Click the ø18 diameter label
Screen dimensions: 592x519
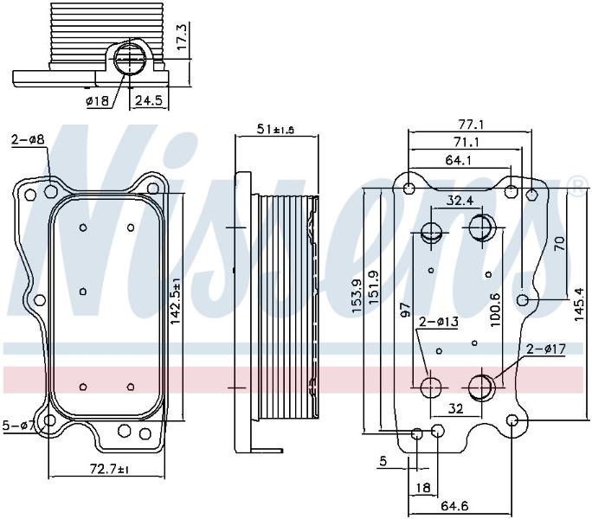point(98,101)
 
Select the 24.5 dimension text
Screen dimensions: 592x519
point(149,100)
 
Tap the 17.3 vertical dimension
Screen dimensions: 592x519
point(183,38)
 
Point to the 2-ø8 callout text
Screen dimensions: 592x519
point(28,139)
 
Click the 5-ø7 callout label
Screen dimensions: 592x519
point(18,426)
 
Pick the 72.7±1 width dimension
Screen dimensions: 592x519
point(110,470)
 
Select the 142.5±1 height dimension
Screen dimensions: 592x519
point(176,300)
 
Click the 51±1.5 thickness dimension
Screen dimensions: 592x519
point(275,130)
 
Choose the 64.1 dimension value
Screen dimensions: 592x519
point(458,160)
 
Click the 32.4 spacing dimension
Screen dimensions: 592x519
point(460,200)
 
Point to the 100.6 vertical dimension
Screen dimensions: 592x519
point(495,310)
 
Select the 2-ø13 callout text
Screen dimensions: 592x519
point(439,322)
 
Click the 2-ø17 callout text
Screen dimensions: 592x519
point(547,349)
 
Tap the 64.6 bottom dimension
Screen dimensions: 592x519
point(454,506)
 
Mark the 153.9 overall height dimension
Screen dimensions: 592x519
point(357,296)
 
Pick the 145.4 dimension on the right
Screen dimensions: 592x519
point(579,304)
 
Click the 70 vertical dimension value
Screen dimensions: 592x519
point(560,243)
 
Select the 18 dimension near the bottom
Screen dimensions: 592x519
point(422,488)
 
